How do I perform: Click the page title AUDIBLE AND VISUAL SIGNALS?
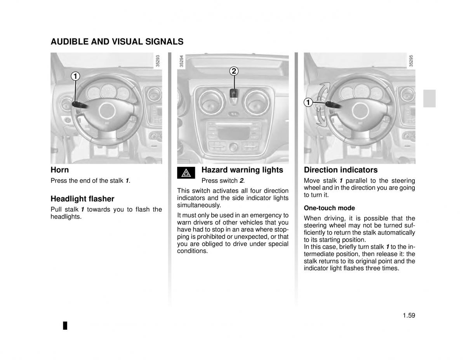pos(117,42)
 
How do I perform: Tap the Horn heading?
pos(60,170)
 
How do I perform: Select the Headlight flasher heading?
pos(82,199)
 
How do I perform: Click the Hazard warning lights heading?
pos(242,170)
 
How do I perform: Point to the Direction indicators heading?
pos(341,170)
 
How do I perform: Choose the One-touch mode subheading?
pos(329,208)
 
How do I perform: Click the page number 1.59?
pos(409,315)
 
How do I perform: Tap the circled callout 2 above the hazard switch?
pos(234,71)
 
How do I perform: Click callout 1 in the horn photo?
pos(75,76)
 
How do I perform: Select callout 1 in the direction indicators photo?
pos(308,102)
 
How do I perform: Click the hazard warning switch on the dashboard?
pos(234,93)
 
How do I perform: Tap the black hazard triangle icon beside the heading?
pos(186,173)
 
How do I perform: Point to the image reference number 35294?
pos(181,61)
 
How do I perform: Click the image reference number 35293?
pos(158,61)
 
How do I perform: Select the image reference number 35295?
pos(411,61)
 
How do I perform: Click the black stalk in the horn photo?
pos(80,105)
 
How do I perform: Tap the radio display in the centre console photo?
pos(233,133)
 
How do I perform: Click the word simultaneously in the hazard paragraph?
pos(199,205)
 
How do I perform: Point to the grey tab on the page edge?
pos(429,99)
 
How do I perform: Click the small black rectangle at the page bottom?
pos(65,325)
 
